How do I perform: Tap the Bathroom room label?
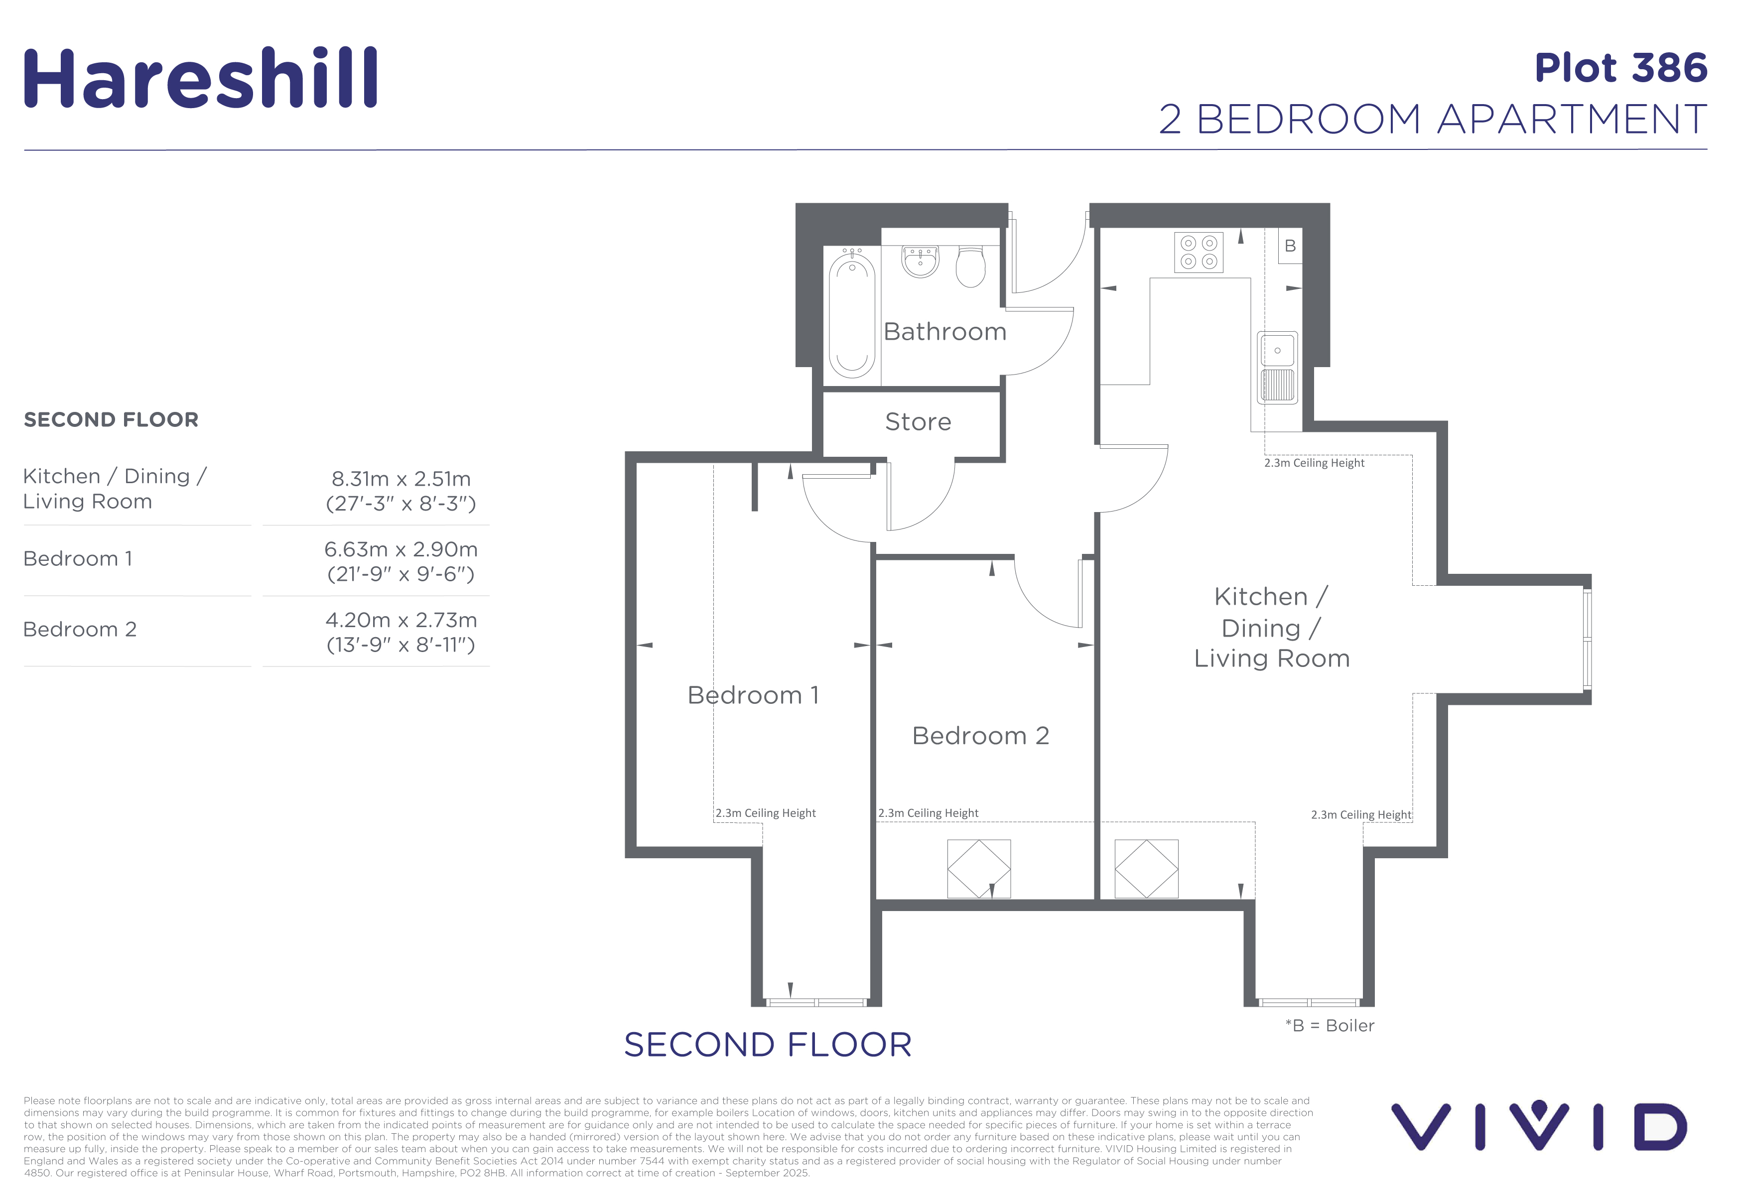[944, 331]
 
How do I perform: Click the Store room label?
[918, 422]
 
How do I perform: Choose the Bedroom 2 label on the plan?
[980, 736]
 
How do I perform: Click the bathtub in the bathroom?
[852, 314]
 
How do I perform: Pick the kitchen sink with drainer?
[1277, 367]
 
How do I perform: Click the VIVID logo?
[1538, 1126]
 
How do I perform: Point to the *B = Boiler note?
[1330, 1026]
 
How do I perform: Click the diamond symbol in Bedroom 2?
[979, 869]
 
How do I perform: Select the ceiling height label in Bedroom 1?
[765, 813]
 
